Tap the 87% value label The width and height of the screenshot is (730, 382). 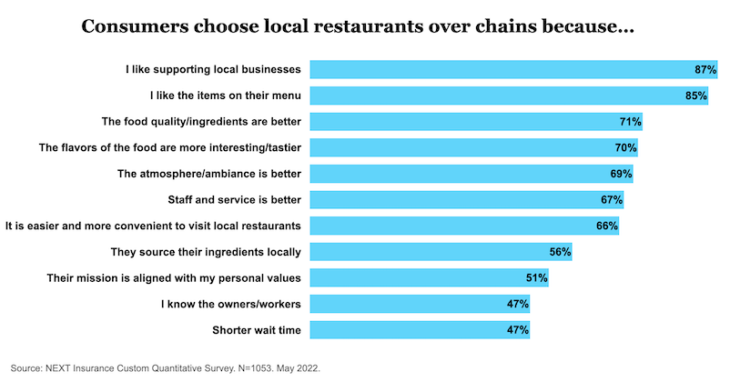[706, 69]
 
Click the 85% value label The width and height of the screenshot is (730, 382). [697, 95]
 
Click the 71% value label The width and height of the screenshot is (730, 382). [631, 121]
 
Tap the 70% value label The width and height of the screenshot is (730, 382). [625, 147]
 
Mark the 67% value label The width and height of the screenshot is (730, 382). [612, 199]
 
